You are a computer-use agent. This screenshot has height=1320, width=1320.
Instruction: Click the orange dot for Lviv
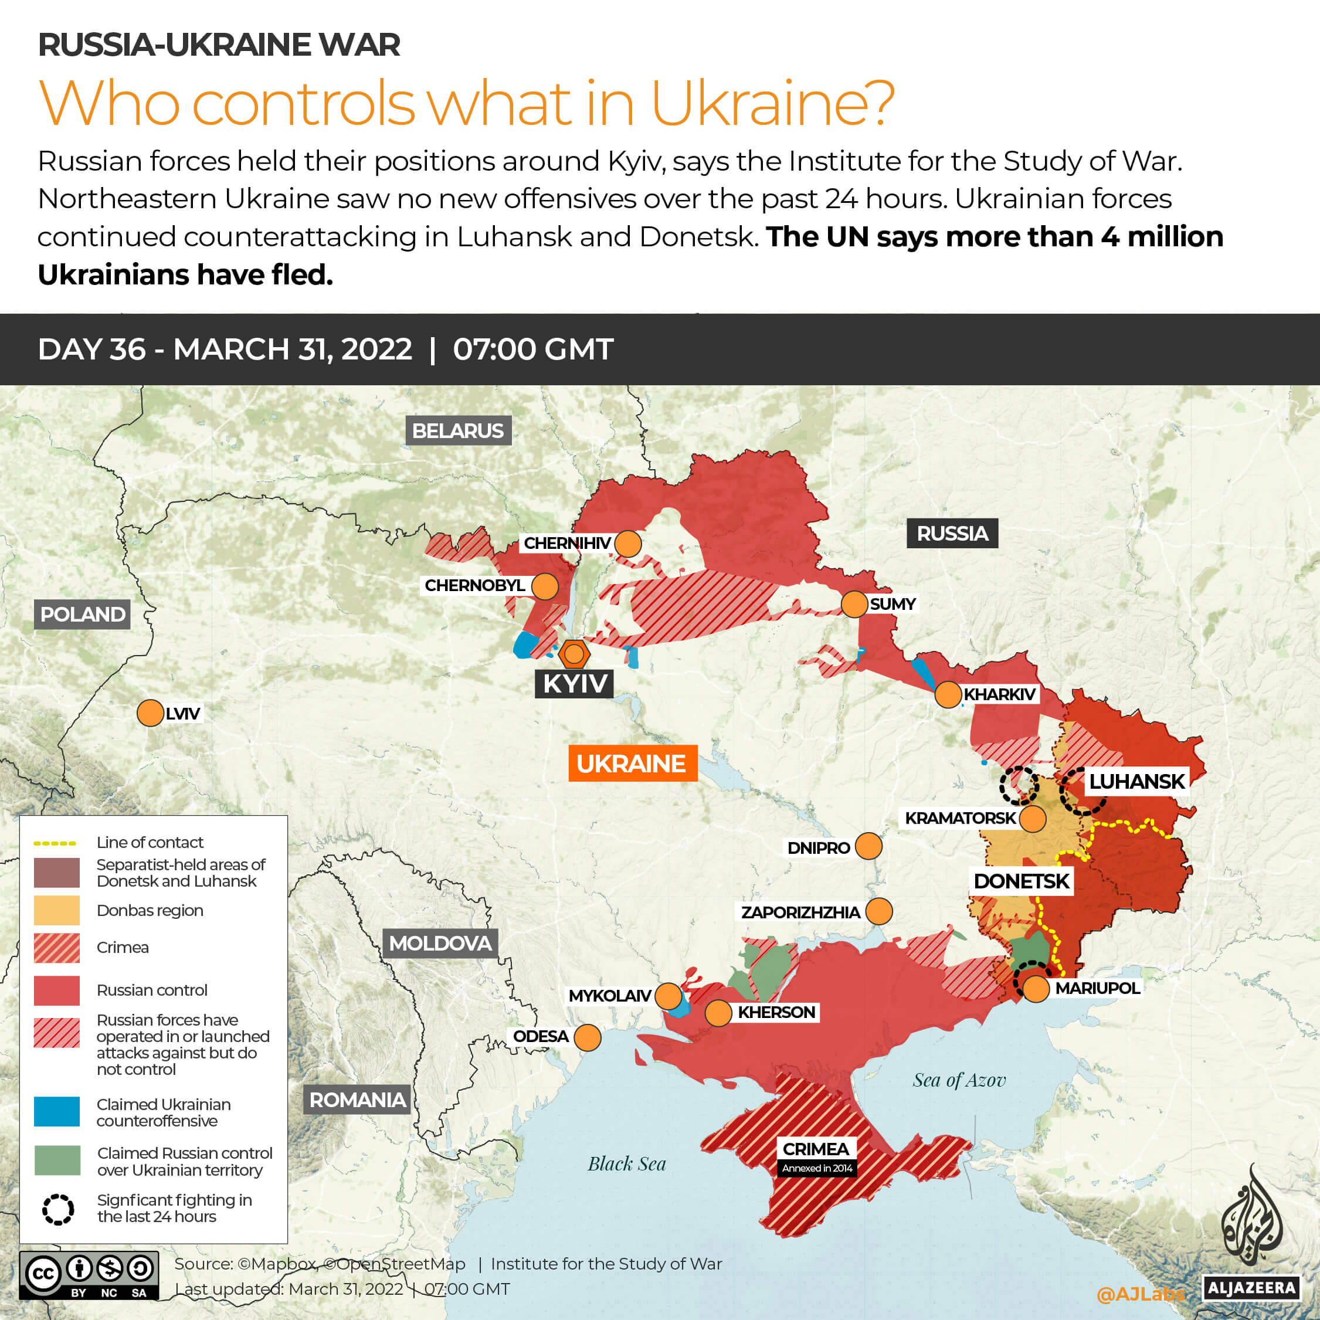tap(150, 713)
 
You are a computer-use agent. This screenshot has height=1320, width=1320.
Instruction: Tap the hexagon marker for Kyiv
tap(574, 654)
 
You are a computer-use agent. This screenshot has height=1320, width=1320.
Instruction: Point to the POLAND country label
tap(83, 614)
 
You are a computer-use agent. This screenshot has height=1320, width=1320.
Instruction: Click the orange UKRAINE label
tap(632, 763)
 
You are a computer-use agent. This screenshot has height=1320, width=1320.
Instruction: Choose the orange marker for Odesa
tap(588, 1037)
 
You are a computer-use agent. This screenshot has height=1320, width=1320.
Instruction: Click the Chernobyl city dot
tap(545, 586)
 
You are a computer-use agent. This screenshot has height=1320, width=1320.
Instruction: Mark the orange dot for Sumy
tap(854, 605)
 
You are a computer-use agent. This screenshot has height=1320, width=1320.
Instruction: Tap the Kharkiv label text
tap(1000, 695)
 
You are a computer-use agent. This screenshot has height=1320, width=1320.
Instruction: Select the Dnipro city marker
tap(868, 846)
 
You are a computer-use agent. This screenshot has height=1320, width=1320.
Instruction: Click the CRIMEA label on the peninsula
tap(816, 1149)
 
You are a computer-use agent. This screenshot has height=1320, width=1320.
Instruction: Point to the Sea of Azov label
tap(959, 1080)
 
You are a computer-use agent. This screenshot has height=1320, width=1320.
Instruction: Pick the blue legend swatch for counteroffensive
tap(57, 1112)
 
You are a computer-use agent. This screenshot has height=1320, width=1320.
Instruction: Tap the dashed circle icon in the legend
tap(58, 1209)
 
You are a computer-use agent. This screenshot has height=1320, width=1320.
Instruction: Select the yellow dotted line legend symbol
tap(55, 843)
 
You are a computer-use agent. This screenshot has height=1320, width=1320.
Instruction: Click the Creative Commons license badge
tap(89, 1275)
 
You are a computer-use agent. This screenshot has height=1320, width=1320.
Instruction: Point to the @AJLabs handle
tap(1139, 1294)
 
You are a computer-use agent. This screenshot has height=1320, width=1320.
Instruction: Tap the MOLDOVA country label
tap(440, 944)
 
